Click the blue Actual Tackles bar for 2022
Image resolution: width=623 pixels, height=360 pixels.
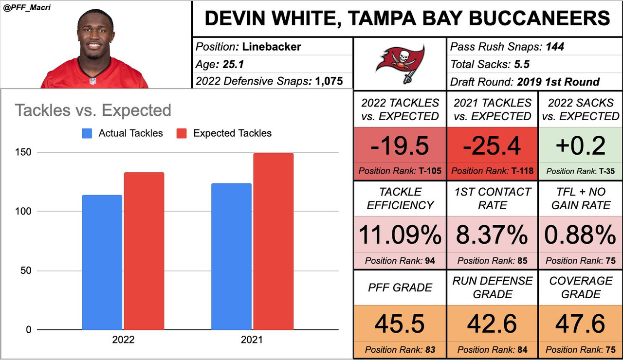(x=102, y=262)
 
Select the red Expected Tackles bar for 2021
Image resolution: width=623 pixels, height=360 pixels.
(x=274, y=241)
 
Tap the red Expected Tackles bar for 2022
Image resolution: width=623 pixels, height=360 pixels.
(x=144, y=251)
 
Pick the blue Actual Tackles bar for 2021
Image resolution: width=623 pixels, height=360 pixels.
(x=231, y=256)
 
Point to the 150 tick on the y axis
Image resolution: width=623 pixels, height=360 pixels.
(x=23, y=152)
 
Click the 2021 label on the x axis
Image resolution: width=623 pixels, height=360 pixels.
(x=252, y=340)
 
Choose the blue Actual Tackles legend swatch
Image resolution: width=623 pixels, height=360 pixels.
(x=87, y=133)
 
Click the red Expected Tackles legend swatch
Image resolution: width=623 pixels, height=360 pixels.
(x=182, y=133)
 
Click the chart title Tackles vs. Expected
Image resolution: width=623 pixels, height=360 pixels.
(x=93, y=110)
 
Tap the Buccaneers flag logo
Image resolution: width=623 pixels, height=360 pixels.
(x=400, y=64)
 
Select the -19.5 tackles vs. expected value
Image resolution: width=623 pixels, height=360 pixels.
(x=400, y=145)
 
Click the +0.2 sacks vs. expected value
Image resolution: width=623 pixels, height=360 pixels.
(x=581, y=145)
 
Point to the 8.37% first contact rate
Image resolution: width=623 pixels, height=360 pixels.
(x=492, y=235)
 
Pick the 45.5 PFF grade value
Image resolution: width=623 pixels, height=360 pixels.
(x=400, y=324)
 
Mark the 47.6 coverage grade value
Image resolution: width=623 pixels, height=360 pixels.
(x=581, y=324)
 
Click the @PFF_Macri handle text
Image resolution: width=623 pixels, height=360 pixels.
(x=27, y=7)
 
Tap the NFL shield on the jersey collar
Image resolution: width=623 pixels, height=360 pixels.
(x=93, y=81)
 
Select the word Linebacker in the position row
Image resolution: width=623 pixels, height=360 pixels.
(x=272, y=47)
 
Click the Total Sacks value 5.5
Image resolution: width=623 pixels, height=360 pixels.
(x=522, y=64)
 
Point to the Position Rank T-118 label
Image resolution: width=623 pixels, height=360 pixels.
(x=492, y=171)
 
